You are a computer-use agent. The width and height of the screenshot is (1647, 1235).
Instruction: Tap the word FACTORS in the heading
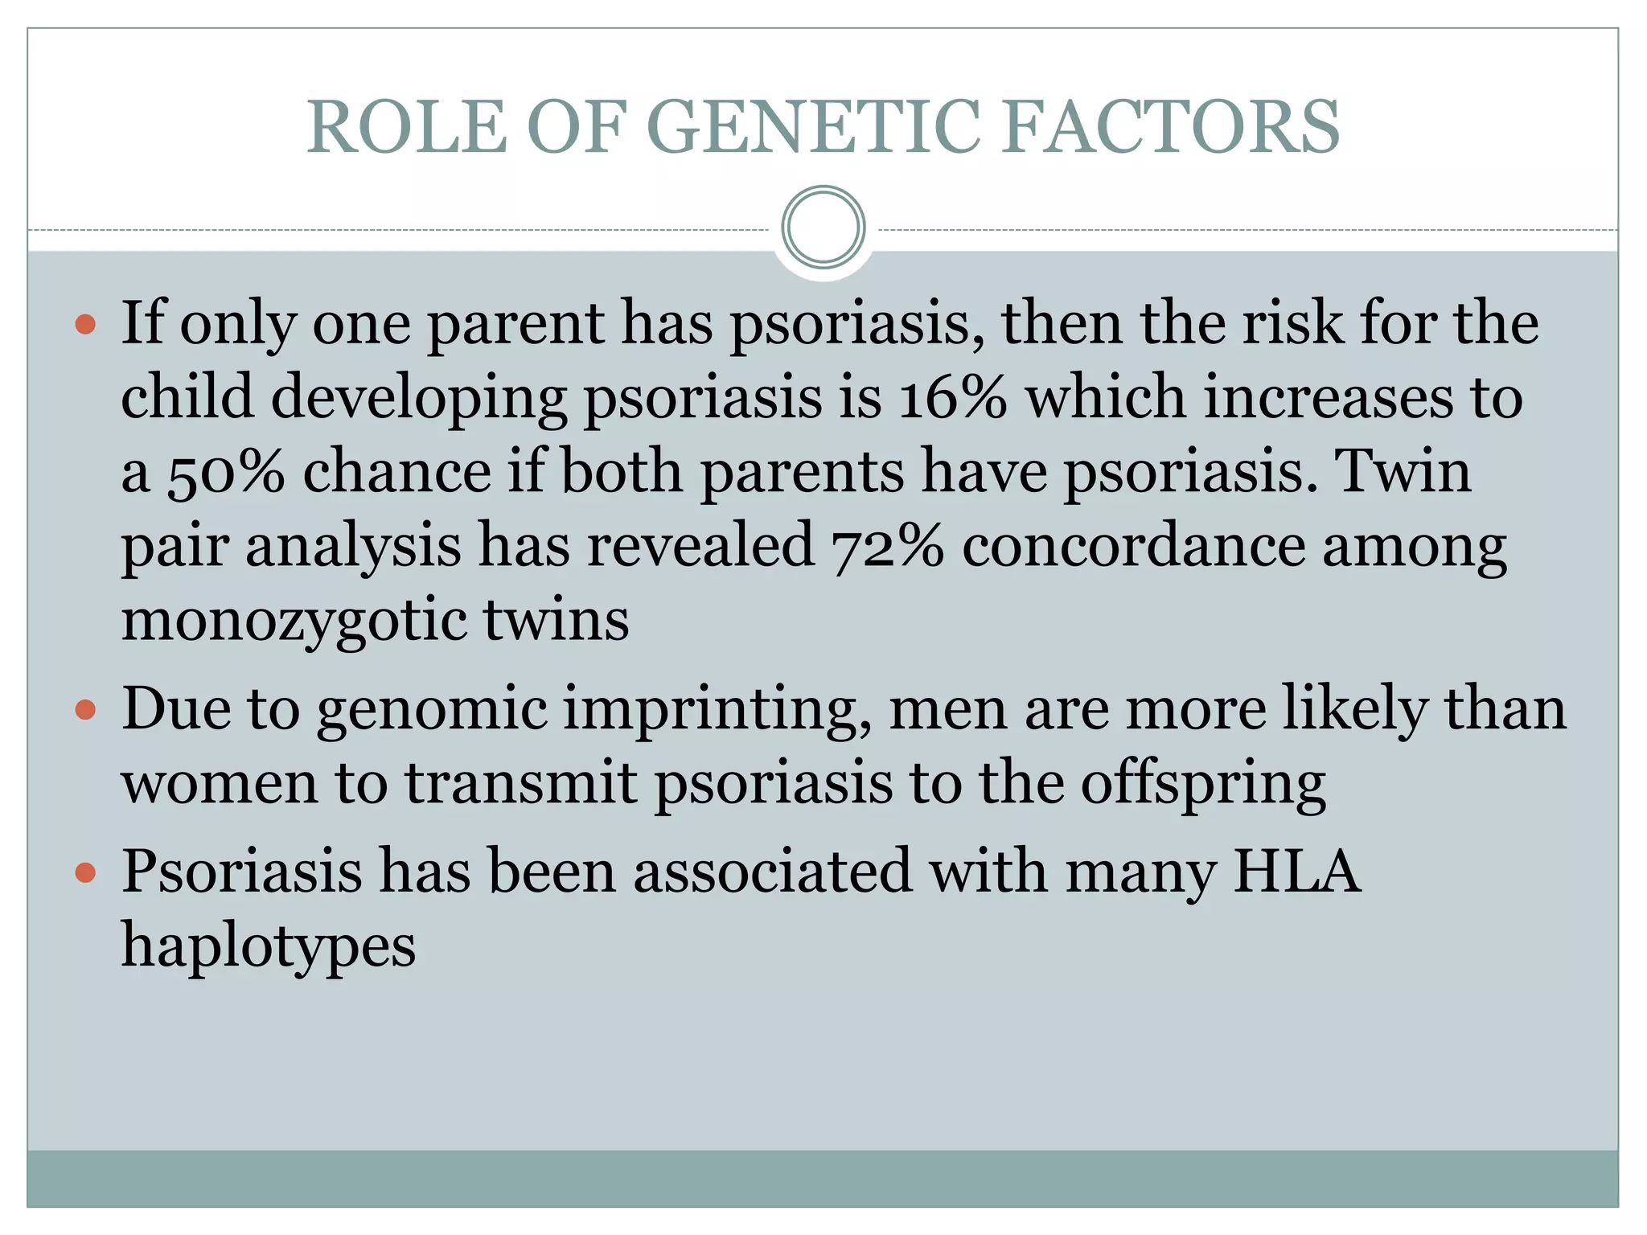pyautogui.click(x=1171, y=126)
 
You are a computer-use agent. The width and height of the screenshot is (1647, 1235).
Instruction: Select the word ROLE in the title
pyautogui.click(x=407, y=126)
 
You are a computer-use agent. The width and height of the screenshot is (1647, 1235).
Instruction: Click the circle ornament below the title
pyautogui.click(x=823, y=228)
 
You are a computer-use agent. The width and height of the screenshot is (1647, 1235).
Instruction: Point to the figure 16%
pyautogui.click(x=952, y=397)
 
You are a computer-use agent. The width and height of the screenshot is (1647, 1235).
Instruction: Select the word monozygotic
pyautogui.click(x=294, y=621)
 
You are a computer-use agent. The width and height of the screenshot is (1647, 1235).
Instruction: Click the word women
pyautogui.click(x=220, y=783)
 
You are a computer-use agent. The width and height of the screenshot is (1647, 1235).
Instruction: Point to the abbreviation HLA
pyautogui.click(x=1296, y=871)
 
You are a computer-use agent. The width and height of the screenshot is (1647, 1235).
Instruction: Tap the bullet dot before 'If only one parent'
pyautogui.click(x=85, y=326)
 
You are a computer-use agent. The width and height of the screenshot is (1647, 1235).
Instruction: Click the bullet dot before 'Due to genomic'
pyautogui.click(x=85, y=711)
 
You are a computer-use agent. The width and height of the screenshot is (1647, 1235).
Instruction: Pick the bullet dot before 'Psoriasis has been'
pyautogui.click(x=85, y=872)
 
